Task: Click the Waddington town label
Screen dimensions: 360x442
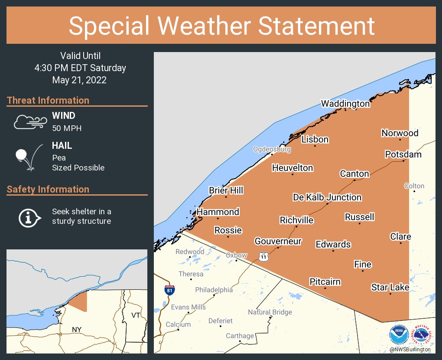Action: (x=345, y=104)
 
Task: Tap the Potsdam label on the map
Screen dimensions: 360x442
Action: (x=403, y=154)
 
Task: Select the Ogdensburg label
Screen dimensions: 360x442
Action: (x=272, y=149)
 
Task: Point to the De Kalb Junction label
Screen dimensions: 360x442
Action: (x=327, y=197)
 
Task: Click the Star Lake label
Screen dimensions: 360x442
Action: (x=390, y=287)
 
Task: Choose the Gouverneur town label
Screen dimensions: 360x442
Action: (x=278, y=241)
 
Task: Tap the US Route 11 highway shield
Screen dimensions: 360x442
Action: (x=263, y=256)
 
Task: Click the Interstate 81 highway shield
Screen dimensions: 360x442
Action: (x=170, y=290)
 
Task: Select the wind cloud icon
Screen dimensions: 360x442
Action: (x=29, y=122)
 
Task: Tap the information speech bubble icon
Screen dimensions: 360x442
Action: (x=29, y=217)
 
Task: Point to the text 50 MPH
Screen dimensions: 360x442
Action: (x=67, y=128)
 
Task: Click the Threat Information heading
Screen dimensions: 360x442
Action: (x=48, y=100)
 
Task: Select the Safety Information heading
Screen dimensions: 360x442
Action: (x=48, y=189)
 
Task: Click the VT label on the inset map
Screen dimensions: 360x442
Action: (x=136, y=315)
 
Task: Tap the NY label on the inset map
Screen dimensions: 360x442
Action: (x=77, y=330)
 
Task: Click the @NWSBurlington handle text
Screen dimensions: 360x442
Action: (x=409, y=349)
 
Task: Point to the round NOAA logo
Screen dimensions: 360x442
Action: (x=399, y=335)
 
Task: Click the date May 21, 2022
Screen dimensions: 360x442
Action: (x=79, y=80)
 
